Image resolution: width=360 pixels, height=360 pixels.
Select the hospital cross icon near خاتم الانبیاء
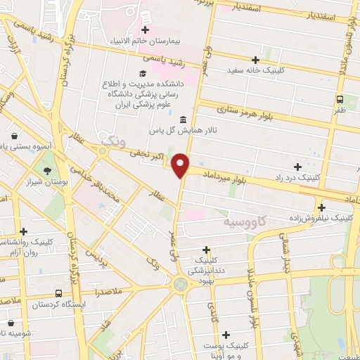[x=146, y=30]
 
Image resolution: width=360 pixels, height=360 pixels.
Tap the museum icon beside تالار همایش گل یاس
[x=183, y=119]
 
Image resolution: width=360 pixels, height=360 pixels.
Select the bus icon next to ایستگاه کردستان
[x=58, y=293]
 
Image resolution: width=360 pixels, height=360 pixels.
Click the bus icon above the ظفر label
[x=340, y=99]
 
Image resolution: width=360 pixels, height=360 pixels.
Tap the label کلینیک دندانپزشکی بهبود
[x=206, y=266]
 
